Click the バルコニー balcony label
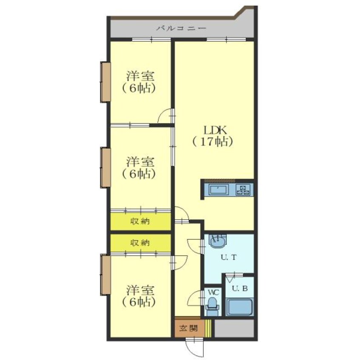[x=181, y=29]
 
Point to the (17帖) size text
[x=213, y=142]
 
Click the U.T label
[x=229, y=257]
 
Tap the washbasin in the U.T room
[x=217, y=241]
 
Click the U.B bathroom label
[x=240, y=289]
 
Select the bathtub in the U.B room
[x=240, y=307]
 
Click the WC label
[x=214, y=292]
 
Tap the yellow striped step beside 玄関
[x=208, y=329]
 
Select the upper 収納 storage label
[x=140, y=221]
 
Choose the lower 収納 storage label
[x=140, y=243]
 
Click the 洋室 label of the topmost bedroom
[x=140, y=76]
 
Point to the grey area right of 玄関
[x=234, y=329]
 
